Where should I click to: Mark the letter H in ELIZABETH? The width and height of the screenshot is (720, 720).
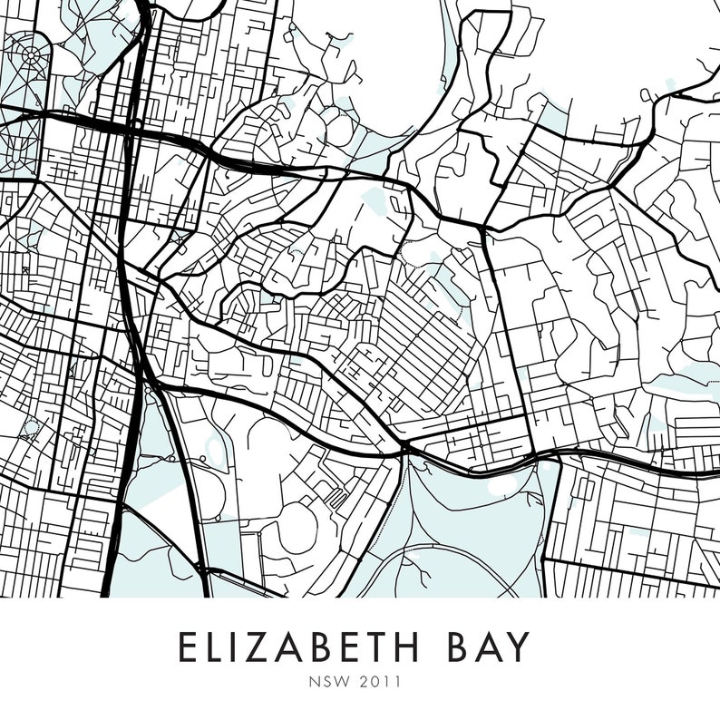[x=402, y=647]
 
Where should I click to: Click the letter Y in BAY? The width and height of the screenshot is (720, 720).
[x=513, y=647]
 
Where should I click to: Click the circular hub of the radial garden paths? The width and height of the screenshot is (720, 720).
[x=32, y=56]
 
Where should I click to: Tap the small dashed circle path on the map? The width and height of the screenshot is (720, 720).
[x=31, y=426]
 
